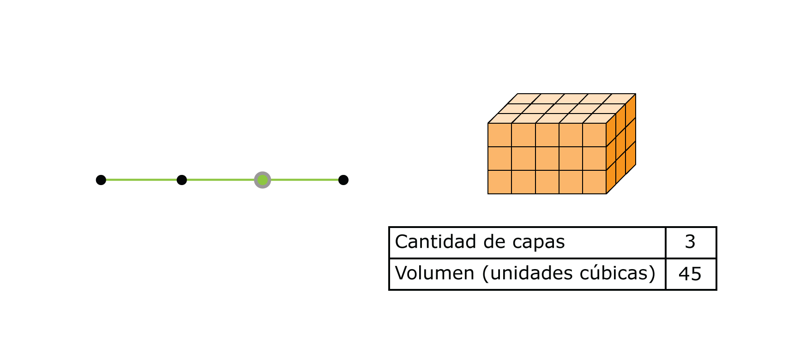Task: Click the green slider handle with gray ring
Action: [x=262, y=180]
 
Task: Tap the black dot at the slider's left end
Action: [x=101, y=180]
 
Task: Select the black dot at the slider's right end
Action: [x=343, y=180]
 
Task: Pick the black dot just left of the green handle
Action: [x=182, y=180]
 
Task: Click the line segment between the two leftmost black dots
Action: [x=141, y=180]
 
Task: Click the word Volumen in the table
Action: [x=434, y=273]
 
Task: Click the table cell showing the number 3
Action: [x=690, y=242]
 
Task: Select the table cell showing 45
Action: [x=690, y=274]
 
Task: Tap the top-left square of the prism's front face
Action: [x=500, y=135]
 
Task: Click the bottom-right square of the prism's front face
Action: [x=594, y=182]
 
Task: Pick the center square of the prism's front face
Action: [x=547, y=158]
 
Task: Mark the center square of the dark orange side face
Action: [x=621, y=144]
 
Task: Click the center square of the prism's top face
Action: [x=562, y=108]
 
